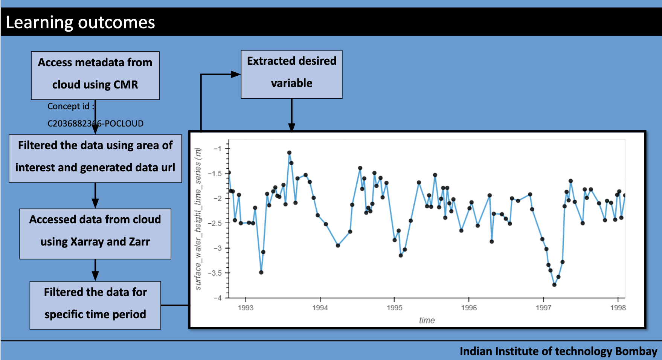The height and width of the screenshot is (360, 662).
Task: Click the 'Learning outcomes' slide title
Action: coord(80,23)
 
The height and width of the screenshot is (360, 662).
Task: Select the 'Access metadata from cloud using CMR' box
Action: coord(95,75)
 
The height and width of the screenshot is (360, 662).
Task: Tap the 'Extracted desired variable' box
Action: coord(291,74)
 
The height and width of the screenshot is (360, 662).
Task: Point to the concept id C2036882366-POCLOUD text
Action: coord(95,123)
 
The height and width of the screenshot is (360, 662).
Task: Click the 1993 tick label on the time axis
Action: coord(246,308)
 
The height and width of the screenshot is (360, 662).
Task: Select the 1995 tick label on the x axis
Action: coord(394,308)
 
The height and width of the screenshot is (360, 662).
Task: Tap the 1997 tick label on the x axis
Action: coord(543,308)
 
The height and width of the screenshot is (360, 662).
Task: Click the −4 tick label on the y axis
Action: coord(217,298)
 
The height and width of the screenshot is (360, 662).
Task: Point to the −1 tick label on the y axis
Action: coord(217,148)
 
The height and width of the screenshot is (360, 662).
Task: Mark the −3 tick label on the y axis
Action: coord(217,248)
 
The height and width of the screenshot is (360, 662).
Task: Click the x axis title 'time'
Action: coord(427,320)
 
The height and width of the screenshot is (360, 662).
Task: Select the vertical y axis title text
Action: coord(198,218)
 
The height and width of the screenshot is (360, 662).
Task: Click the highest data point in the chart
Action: coord(289,153)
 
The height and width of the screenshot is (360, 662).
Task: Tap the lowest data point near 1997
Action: coord(554,285)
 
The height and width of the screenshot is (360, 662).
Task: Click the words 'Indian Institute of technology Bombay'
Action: coord(558,351)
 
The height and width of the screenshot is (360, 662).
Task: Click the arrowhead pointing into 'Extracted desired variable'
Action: coord(236,74)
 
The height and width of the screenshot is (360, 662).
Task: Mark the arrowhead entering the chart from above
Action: coord(291,127)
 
